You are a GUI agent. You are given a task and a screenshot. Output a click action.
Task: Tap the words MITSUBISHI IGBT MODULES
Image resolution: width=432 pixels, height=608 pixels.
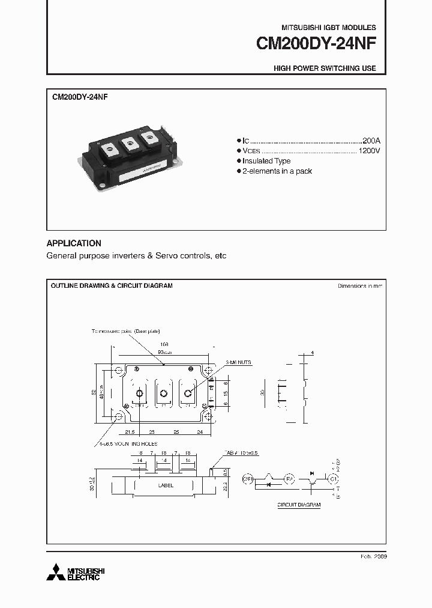329,28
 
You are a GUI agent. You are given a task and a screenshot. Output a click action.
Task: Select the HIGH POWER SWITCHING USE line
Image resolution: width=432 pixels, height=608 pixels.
325,68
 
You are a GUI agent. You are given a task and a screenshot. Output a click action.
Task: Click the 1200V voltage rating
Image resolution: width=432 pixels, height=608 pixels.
369,150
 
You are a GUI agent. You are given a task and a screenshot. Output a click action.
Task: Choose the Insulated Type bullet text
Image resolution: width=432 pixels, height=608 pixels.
266,161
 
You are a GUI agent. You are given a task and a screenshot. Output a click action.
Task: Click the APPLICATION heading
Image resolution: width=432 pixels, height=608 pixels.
74,243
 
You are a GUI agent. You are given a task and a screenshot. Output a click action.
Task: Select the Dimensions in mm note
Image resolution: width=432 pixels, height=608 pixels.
360,286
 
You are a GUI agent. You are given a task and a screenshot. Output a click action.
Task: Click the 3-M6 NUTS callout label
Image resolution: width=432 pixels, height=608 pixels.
239,363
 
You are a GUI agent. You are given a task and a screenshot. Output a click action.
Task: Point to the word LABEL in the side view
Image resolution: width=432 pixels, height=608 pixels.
166,485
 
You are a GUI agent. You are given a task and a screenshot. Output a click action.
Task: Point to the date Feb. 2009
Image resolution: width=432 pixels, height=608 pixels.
374,557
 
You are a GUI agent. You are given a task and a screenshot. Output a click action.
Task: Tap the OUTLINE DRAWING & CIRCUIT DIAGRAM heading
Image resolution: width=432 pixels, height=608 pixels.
112,286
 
